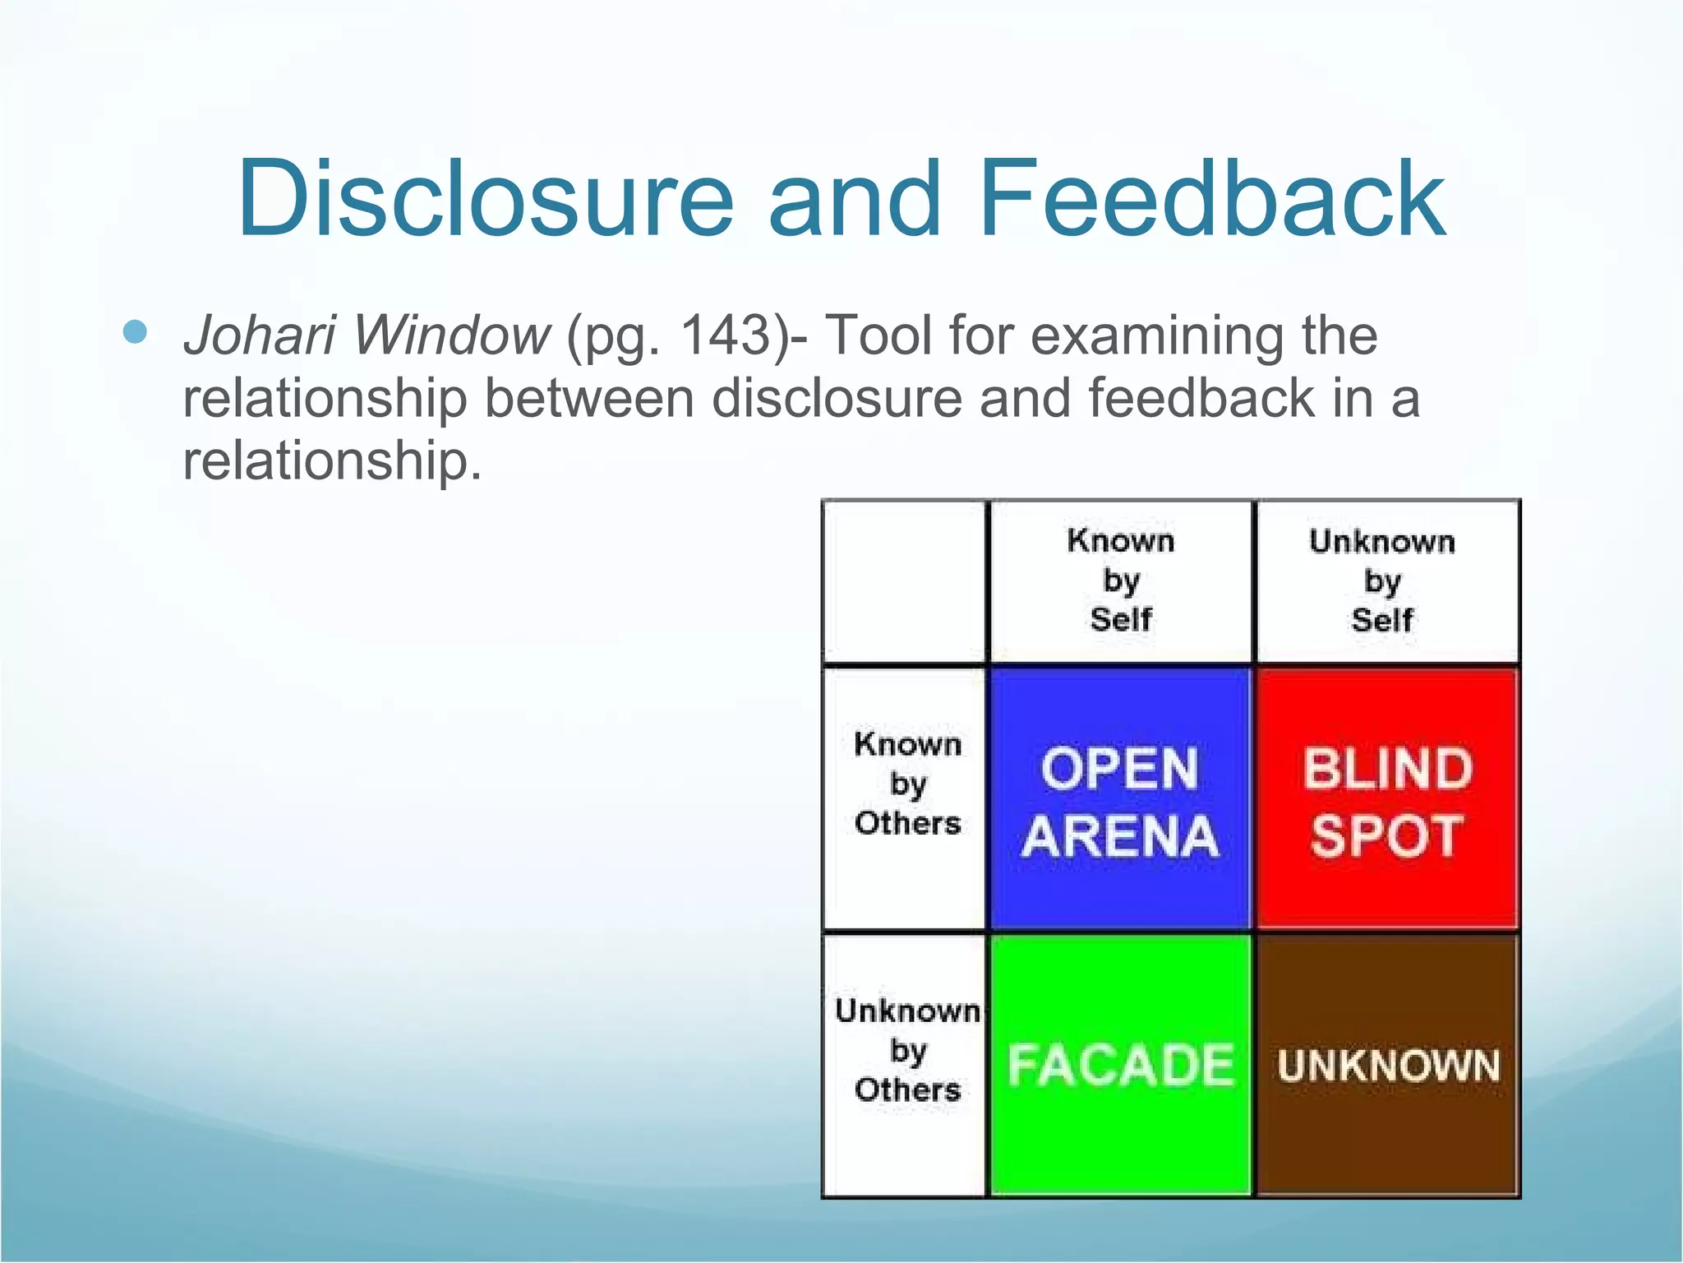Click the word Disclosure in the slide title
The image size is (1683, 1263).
click(485, 199)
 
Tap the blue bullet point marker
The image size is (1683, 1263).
click(135, 332)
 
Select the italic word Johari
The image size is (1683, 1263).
click(260, 337)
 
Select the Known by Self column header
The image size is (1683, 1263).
click(1121, 581)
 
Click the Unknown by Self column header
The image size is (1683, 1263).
click(1382, 581)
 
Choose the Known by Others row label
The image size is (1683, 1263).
click(906, 784)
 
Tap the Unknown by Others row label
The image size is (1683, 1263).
click(906, 1050)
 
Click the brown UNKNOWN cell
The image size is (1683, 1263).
click(1386, 1065)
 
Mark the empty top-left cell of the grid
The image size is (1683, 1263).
click(905, 581)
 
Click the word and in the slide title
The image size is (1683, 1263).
click(855, 199)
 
